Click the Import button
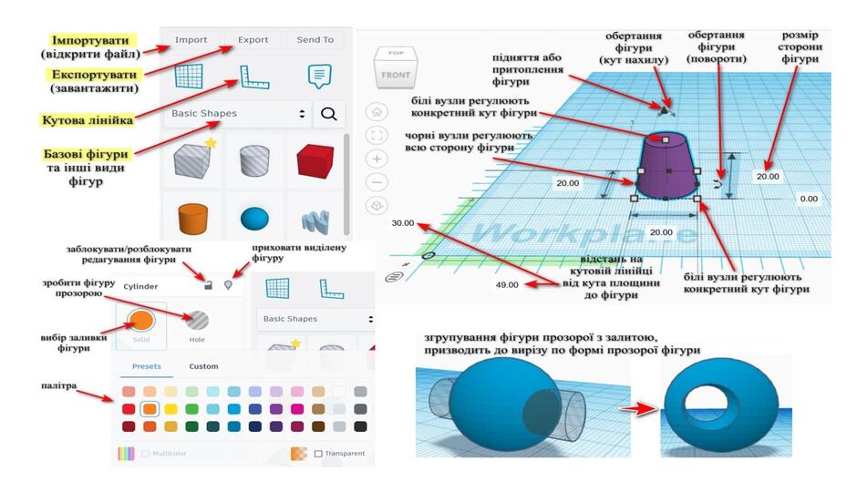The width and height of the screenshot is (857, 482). coord(191,40)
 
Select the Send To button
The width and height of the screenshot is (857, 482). coord(315,40)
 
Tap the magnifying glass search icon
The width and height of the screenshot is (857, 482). coord(328,114)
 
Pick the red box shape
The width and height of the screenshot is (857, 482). coord(315,161)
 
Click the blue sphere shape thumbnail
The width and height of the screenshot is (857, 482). coord(254,219)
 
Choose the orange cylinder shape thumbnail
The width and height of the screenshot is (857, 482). coord(193,218)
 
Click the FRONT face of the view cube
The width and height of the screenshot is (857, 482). coord(395,75)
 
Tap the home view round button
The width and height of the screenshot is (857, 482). coord(377,112)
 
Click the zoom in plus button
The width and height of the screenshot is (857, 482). coord(377,159)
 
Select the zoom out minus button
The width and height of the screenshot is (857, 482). coord(377,182)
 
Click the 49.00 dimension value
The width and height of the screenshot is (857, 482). coord(507,284)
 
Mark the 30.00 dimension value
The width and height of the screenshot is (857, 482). coord(403,223)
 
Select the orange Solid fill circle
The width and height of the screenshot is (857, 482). coord(141,320)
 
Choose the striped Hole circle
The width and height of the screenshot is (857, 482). coord(197,320)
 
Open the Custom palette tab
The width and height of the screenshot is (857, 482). coord(203,366)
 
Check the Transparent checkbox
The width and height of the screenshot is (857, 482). coord(318,454)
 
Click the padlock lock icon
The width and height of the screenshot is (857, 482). coord(208,284)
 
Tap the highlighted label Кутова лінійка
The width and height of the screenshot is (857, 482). coord(88,120)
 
